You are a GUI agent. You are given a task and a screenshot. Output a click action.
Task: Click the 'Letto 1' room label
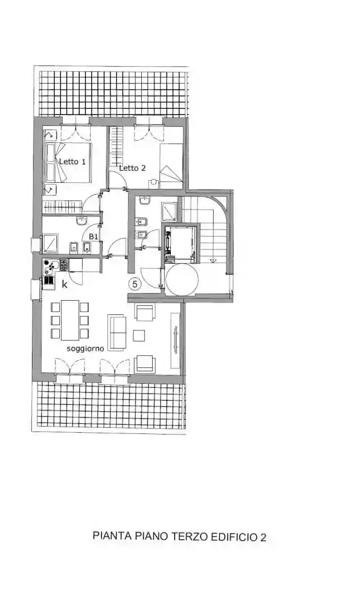pos(72,162)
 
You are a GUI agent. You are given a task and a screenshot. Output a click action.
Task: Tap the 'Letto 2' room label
pos(132,168)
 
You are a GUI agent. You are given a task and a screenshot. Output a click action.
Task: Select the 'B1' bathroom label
pos(94,235)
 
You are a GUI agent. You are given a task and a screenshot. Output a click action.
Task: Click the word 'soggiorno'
pos(85,349)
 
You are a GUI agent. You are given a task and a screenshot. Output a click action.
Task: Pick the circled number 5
pos(135,284)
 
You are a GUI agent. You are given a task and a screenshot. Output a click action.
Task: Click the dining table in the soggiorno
pos(70,320)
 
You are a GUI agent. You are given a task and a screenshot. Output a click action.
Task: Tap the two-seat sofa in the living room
pos(118,331)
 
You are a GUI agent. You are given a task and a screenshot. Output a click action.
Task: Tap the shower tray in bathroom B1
pos(51,243)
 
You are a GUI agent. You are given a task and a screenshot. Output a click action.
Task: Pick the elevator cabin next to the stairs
pos(181,243)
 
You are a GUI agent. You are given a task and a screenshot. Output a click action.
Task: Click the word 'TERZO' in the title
pos(189,536)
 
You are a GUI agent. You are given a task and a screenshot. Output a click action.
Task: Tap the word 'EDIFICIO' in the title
pos(234,536)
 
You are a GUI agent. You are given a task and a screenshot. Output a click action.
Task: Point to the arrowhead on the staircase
pos(213,260)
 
